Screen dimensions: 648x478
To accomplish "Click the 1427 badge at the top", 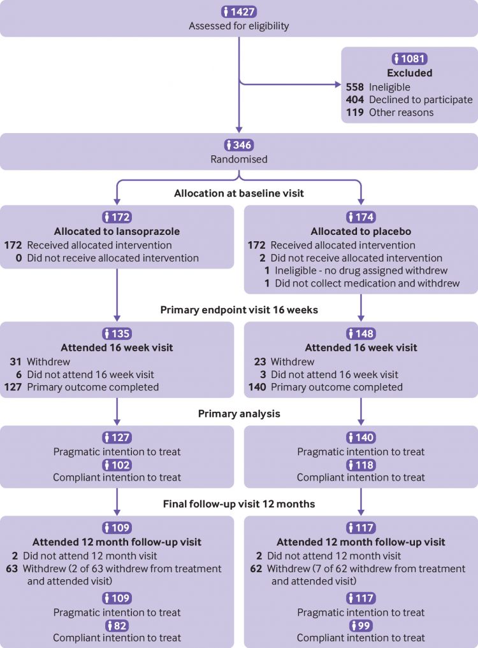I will (x=238, y=11).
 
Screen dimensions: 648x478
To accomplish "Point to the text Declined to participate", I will (x=421, y=99).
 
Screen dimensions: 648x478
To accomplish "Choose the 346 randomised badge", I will (x=238, y=146).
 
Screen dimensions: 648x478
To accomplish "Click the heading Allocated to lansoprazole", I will (x=117, y=231).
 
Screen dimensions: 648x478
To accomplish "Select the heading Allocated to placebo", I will (x=361, y=231).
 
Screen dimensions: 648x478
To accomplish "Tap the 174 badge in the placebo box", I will (x=361, y=217).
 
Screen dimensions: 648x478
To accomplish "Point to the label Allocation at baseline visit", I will (x=238, y=194).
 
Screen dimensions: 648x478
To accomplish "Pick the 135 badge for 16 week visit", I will (x=117, y=334).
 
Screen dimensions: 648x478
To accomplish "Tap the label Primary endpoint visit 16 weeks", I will (x=238, y=311).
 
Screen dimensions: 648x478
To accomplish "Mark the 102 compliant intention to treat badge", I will (x=117, y=464).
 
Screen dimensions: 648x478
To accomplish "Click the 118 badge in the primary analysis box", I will (x=361, y=464).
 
